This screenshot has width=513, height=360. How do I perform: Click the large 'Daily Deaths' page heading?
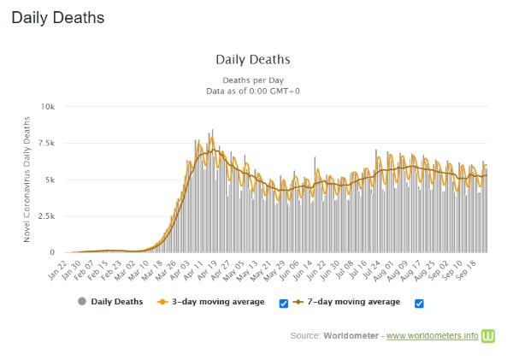(58, 17)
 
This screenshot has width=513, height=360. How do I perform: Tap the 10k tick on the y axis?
(48, 107)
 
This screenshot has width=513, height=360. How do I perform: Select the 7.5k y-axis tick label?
(46, 144)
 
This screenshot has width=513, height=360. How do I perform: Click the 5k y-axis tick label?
(50, 180)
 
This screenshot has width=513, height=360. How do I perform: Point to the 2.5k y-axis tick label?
(46, 216)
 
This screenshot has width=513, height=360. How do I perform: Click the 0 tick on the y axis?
(53, 253)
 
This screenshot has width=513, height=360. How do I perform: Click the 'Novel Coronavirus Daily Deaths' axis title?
(29, 180)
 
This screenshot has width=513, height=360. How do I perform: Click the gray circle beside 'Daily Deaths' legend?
(81, 302)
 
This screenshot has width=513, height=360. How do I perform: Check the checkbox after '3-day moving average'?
(284, 303)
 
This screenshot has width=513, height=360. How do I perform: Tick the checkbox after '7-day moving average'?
(419, 303)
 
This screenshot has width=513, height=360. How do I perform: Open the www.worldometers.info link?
(432, 335)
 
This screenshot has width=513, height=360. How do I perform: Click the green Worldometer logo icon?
(489, 335)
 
